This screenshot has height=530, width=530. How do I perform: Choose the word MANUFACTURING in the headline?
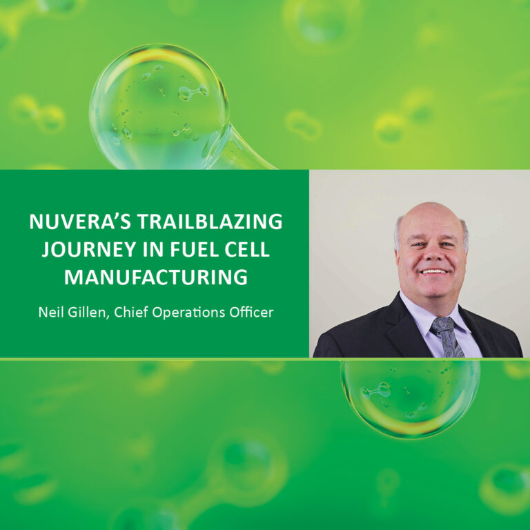[x=155, y=277]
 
